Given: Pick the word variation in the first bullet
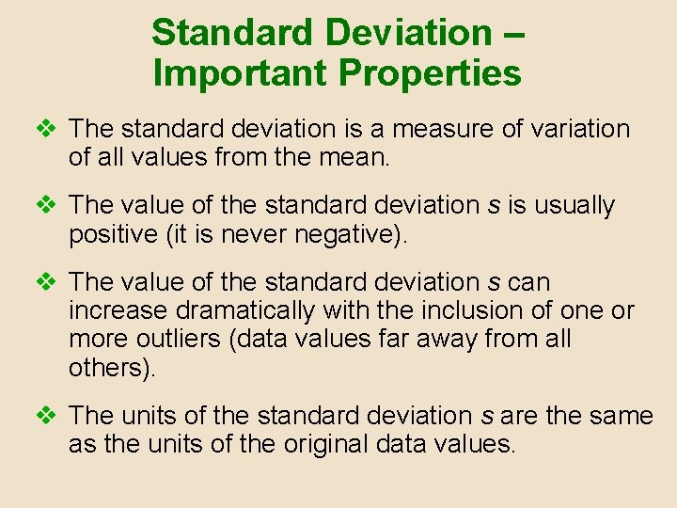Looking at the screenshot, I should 577,129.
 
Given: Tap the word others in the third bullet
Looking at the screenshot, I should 105,367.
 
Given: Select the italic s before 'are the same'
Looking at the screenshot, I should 489,416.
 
